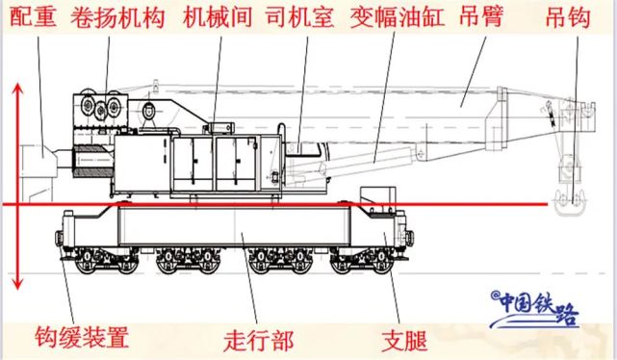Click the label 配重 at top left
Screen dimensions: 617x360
point(33,17)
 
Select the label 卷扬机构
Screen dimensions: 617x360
point(117,17)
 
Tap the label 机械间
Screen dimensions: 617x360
point(218,17)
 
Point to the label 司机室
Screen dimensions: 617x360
point(300,17)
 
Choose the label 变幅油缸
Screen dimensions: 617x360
point(398,17)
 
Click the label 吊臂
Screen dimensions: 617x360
point(481,17)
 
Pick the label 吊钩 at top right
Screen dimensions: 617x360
point(568,17)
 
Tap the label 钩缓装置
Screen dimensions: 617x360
point(82,337)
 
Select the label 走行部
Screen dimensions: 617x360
point(259,341)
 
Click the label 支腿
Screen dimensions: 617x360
point(405,341)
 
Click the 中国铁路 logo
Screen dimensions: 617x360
point(535,309)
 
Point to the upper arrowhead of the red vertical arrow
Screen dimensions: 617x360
point(17,89)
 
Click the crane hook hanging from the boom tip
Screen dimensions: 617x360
point(570,203)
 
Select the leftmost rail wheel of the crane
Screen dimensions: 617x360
point(86,263)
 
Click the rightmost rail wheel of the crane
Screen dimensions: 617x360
point(381,263)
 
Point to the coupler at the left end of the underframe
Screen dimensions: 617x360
point(59,238)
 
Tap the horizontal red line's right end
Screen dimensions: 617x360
point(548,204)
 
